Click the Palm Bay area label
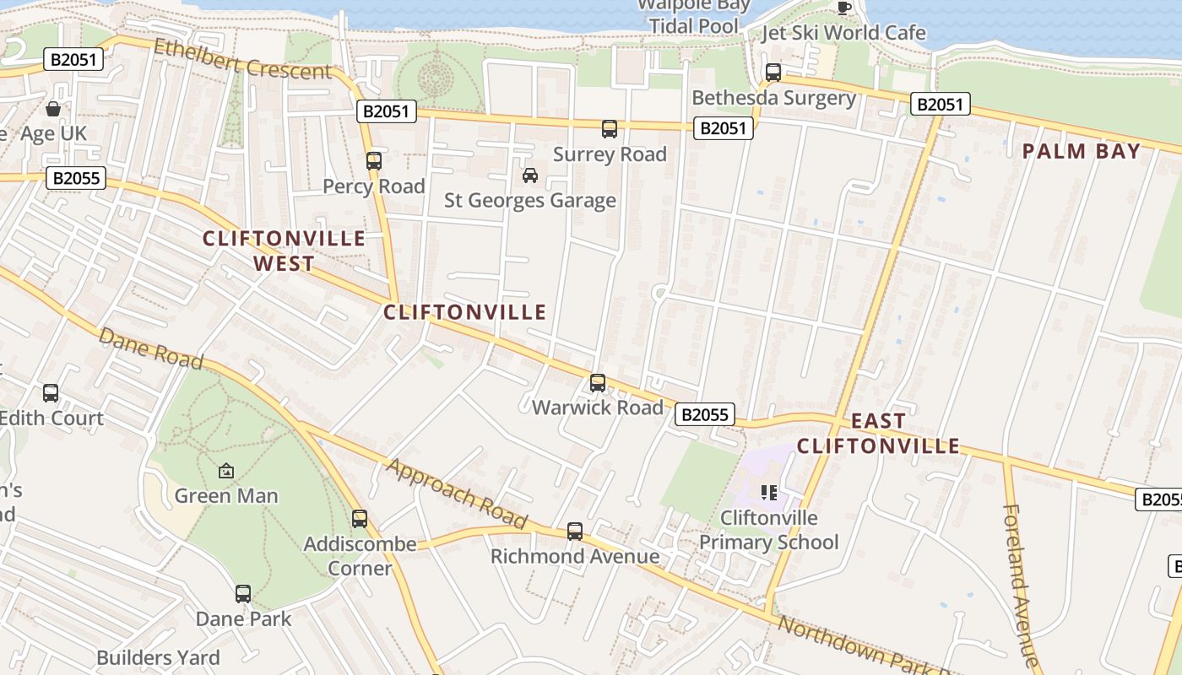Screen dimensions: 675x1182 (x=1082, y=152)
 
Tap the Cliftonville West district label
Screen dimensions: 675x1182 (x=284, y=251)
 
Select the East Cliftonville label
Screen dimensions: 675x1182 (x=878, y=433)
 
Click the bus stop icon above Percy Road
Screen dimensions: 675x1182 (x=374, y=160)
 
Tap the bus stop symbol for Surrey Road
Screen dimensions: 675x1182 (x=610, y=129)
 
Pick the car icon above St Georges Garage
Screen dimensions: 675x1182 (x=530, y=175)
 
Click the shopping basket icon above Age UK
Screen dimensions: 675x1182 (x=53, y=109)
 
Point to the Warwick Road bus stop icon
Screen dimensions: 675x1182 (x=598, y=383)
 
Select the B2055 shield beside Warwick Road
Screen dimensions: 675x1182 (x=705, y=414)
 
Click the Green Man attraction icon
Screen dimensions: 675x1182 (x=226, y=471)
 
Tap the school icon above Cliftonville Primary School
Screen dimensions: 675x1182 (x=768, y=492)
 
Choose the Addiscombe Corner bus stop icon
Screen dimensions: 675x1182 (x=360, y=518)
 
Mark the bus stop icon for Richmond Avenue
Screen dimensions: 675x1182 (x=575, y=532)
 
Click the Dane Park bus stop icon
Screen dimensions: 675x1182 (x=243, y=594)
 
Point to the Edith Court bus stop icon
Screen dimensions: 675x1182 (x=51, y=393)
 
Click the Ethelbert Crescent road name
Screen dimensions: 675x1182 (x=242, y=60)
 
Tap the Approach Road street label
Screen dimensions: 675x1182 (x=457, y=494)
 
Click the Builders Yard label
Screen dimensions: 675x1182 (x=158, y=658)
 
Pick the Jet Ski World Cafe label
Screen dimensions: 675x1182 (x=843, y=33)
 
